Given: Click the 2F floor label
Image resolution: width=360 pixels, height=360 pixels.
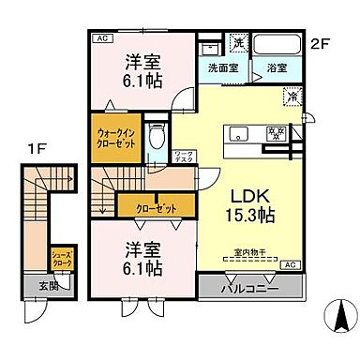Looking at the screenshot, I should pos(322,42).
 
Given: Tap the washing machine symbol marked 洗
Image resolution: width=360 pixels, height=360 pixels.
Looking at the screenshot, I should pos(238,43).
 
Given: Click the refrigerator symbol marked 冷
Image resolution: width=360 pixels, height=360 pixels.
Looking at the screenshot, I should pos(292,94).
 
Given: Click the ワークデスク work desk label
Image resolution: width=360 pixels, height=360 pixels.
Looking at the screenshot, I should pos(183,157).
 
